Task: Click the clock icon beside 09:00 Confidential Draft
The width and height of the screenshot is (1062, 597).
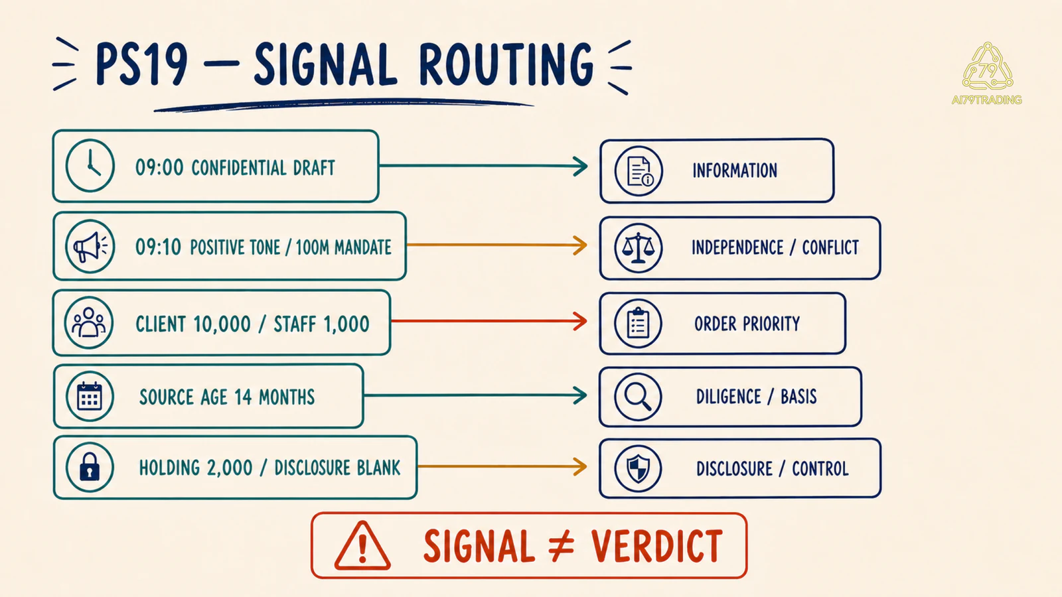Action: pos(90,166)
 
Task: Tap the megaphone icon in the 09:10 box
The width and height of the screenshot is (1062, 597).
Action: pos(90,246)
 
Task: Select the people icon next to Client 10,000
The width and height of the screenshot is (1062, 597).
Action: pos(89,322)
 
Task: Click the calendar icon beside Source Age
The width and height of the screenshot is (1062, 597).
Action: pos(90,396)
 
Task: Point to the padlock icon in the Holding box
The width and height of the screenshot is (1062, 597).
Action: pos(90,467)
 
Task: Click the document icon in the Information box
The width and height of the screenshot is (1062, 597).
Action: pos(639,171)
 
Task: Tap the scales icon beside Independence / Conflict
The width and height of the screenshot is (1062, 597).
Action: pos(639,248)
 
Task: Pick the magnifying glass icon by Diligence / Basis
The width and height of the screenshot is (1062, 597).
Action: pos(638,397)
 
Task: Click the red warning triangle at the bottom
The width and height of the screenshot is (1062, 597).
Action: pos(362,545)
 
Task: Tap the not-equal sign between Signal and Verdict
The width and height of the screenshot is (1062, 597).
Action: pos(562,547)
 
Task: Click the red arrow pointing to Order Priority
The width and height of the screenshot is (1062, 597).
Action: pos(489,321)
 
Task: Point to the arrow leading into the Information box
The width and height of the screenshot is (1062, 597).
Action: pos(484,166)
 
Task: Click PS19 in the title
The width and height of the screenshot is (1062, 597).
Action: pos(142,64)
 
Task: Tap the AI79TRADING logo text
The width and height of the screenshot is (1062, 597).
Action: pos(986,100)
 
